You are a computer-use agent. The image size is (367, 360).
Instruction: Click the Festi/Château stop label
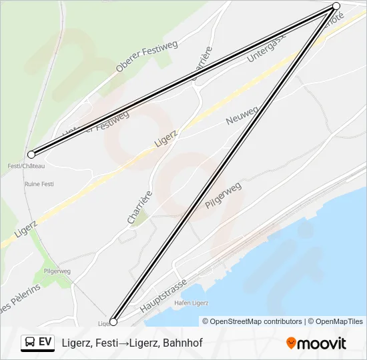pos(26,165)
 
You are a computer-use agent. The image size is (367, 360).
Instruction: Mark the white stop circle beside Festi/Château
pos(31,155)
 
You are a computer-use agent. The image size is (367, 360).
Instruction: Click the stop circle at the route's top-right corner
pos(336,6)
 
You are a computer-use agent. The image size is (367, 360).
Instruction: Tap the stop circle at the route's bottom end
pos(113,322)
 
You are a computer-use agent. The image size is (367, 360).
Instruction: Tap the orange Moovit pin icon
pos(291,343)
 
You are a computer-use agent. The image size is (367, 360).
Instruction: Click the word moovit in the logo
pos(322,343)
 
